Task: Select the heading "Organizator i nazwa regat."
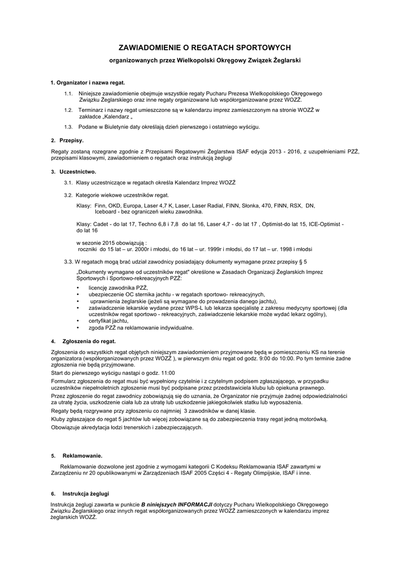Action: tap(90, 83)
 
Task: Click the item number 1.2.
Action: tap(68, 110)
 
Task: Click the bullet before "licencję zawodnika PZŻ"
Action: tap(77, 288)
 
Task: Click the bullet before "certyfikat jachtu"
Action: tap(77, 321)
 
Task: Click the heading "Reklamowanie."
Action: tap(82, 455)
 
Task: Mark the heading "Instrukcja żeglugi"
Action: tap(86, 493)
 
